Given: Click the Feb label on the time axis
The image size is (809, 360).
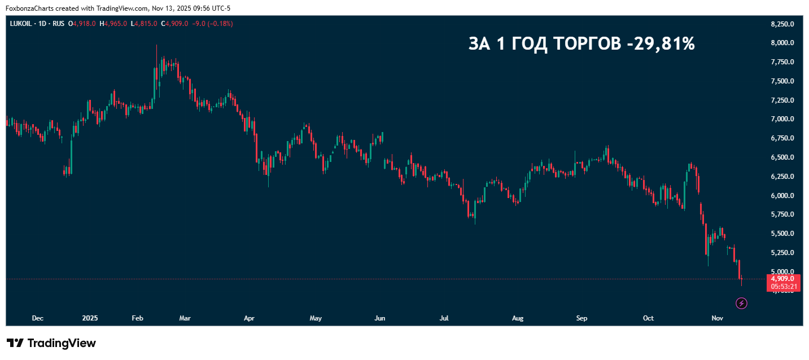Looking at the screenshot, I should [137, 318].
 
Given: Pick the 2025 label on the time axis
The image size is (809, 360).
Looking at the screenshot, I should [90, 318].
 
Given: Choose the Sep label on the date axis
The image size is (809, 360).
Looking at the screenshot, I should [581, 318].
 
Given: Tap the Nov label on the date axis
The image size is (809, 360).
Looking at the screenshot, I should [717, 318].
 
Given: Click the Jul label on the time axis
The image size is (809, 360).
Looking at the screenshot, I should [444, 318].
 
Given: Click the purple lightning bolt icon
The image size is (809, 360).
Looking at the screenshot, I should [742, 304].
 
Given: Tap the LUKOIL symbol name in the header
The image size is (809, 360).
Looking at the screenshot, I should [21, 24].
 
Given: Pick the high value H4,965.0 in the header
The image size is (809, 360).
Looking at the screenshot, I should [113, 24].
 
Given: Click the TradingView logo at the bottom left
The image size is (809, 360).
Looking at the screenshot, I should [51, 343].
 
